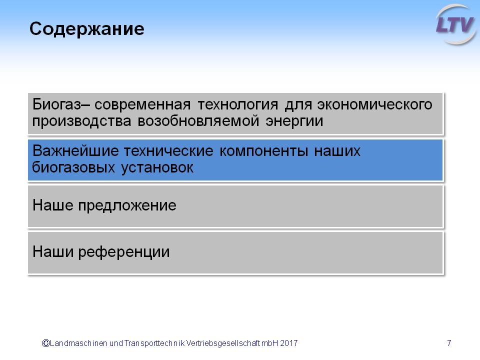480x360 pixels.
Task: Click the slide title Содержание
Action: click(x=87, y=29)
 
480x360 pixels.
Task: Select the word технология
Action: click(x=238, y=104)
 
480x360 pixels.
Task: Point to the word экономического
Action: click(x=374, y=104)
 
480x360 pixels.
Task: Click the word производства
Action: click(x=81, y=121)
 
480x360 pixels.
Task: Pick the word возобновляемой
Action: click(x=198, y=121)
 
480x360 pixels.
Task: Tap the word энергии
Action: click(x=294, y=121)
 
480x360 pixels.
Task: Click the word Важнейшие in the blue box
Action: click(x=75, y=151)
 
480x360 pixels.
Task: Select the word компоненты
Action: click(x=263, y=151)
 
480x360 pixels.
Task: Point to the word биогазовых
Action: click(x=73, y=168)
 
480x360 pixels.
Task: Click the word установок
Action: click(x=157, y=168)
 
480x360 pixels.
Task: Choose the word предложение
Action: click(x=127, y=205)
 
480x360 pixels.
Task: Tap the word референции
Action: click(x=124, y=252)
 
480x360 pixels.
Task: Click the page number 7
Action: click(x=449, y=343)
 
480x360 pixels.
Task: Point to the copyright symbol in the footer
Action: click(x=45, y=343)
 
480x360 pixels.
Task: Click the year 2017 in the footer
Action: click(x=288, y=343)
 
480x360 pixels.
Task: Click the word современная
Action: click(x=142, y=104)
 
